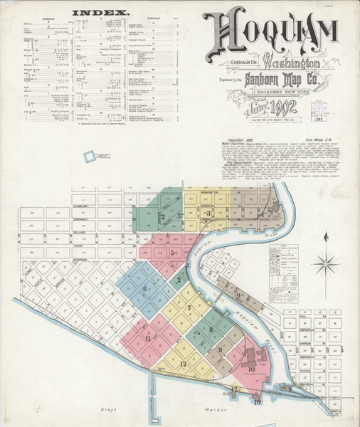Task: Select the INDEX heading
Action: [101, 13]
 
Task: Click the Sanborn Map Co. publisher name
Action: [272, 78]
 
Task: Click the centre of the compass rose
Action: [325, 263]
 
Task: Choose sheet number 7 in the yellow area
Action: [189, 307]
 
